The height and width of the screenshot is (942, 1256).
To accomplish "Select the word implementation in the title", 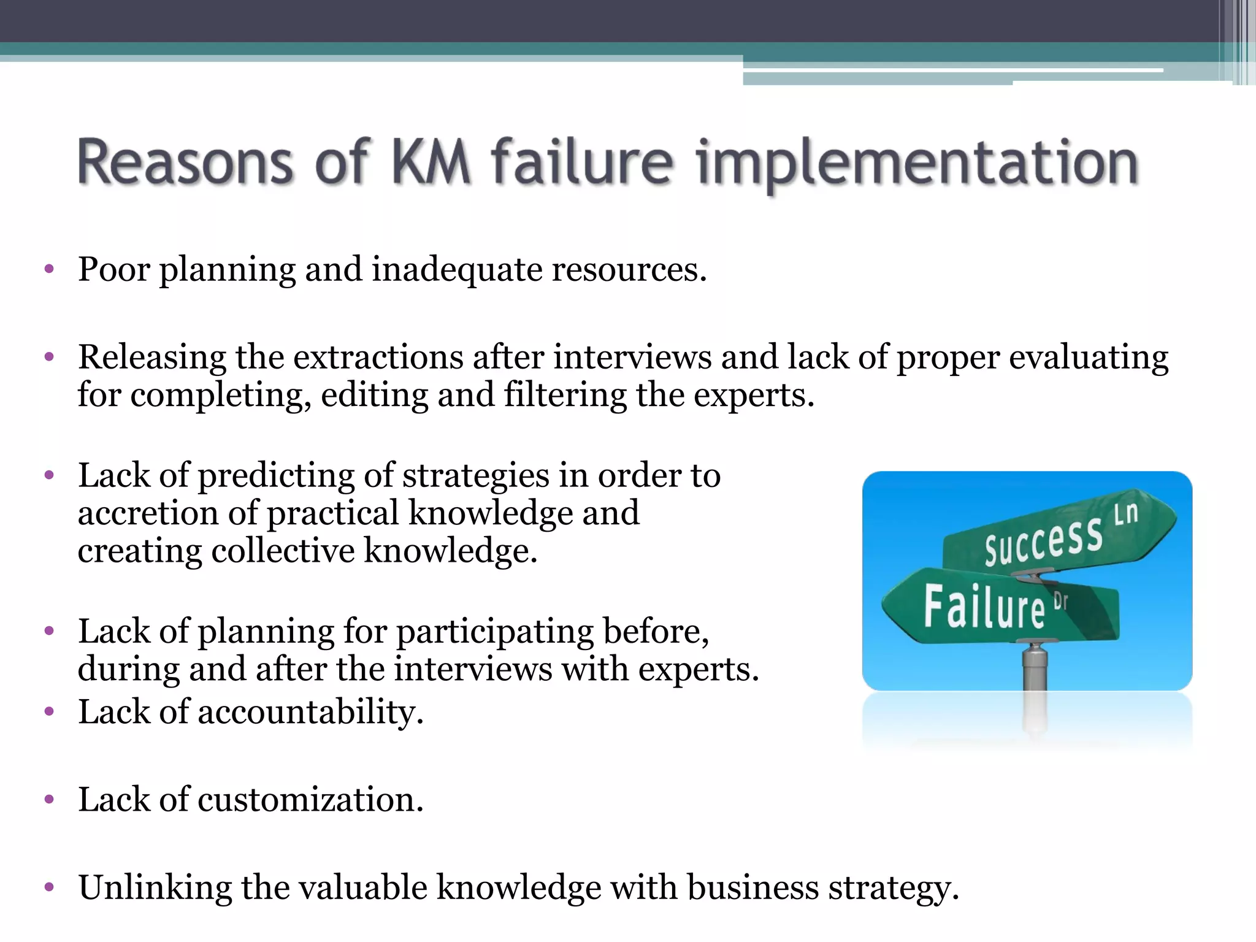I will (x=917, y=163).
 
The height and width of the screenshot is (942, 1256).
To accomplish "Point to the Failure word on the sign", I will (x=984, y=607).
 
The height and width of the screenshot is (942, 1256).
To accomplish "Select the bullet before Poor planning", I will (x=50, y=269).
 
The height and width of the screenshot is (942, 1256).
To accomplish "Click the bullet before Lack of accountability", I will (x=50, y=712).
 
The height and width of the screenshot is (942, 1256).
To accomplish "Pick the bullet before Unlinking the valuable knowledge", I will (x=50, y=887).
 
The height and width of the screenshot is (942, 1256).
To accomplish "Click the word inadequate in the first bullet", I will (x=457, y=270).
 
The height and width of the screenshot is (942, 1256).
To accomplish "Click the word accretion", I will (x=148, y=513).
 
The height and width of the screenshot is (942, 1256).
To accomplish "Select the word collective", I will (x=283, y=551).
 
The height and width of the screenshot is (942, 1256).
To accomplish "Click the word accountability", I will (x=310, y=713).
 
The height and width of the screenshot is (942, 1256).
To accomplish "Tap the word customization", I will (x=310, y=800).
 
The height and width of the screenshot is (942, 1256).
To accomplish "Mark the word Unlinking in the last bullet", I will (x=155, y=887).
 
